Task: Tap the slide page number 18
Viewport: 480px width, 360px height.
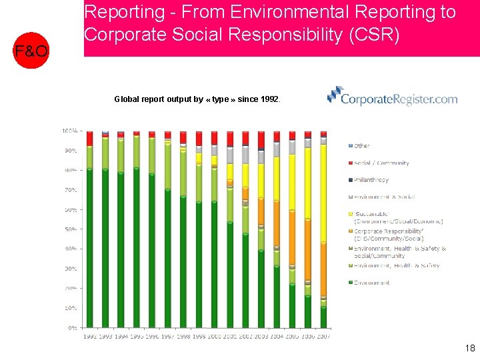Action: click(x=469, y=347)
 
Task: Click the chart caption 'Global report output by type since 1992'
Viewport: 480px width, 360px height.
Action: click(x=197, y=99)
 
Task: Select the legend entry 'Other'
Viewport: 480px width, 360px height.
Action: click(x=361, y=145)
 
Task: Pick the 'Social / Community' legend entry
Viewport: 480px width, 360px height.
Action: click(x=381, y=163)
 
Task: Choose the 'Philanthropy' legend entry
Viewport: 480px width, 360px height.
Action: click(x=371, y=180)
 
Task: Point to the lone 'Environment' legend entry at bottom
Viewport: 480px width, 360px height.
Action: click(x=371, y=283)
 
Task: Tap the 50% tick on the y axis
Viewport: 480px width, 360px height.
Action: click(x=70, y=229)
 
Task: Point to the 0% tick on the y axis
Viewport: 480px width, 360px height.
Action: click(x=71, y=328)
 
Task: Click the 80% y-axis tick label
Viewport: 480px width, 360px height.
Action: click(x=70, y=170)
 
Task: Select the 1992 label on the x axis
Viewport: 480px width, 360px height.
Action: click(x=89, y=337)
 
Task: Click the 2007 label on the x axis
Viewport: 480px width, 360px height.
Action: click(x=323, y=337)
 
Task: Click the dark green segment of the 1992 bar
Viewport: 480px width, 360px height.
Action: click(x=89, y=247)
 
